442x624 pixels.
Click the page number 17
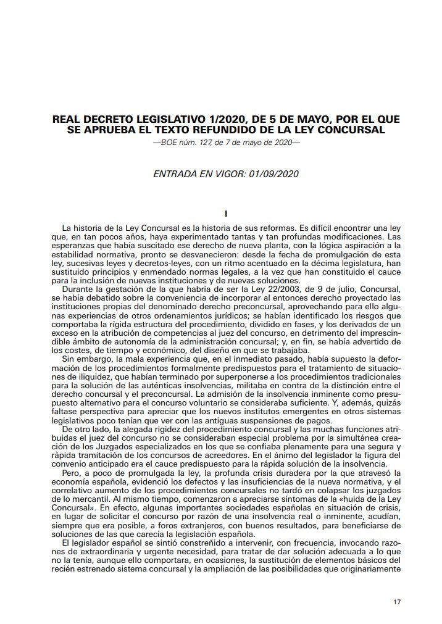(x=398, y=602)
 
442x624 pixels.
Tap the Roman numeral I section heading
(x=227, y=214)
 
